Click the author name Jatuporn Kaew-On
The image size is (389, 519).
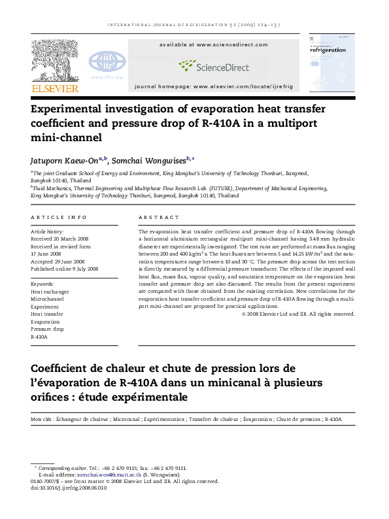[64, 160]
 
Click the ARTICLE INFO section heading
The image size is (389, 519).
[59, 217]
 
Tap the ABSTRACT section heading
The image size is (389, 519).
[159, 217]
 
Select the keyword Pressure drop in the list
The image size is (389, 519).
[48, 329]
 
